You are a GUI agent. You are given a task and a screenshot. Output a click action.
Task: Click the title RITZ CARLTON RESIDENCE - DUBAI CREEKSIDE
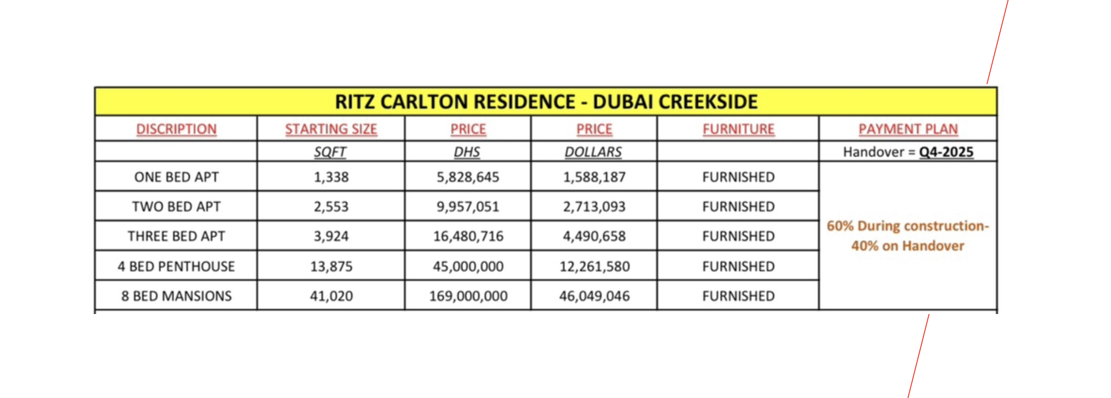tap(546, 102)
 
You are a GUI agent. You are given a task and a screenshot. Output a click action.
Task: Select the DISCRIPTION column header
tap(176, 129)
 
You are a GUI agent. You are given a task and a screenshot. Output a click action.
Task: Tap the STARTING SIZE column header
tap(331, 129)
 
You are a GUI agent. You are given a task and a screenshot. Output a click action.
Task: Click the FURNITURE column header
tap(738, 129)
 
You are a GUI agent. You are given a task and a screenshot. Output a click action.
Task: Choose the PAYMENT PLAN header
tap(908, 129)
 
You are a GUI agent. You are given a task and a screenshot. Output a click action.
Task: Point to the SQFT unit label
tap(330, 152)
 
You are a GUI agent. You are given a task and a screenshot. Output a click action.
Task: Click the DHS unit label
tap(467, 152)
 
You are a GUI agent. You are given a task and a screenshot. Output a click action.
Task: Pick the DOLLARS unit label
tap(593, 152)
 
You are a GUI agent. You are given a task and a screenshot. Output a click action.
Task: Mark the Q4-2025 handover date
tap(946, 152)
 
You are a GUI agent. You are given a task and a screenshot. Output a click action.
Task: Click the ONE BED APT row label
tap(176, 177)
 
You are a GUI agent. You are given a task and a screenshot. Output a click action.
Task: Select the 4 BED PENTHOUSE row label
tap(176, 266)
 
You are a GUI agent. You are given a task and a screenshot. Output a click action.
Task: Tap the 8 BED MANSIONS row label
tap(176, 296)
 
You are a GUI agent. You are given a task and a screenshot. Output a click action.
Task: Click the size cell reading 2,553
tap(331, 206)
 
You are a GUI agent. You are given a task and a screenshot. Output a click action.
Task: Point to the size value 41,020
tap(331, 296)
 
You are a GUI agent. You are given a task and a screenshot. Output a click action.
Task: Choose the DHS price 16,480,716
tap(468, 236)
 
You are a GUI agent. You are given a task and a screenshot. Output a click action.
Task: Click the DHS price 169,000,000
tap(468, 296)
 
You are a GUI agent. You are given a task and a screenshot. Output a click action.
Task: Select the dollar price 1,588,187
tap(594, 177)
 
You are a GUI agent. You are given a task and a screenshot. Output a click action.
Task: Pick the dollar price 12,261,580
tap(594, 266)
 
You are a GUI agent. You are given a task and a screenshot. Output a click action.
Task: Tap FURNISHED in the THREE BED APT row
tap(738, 236)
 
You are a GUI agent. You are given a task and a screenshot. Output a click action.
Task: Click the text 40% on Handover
tap(908, 246)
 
